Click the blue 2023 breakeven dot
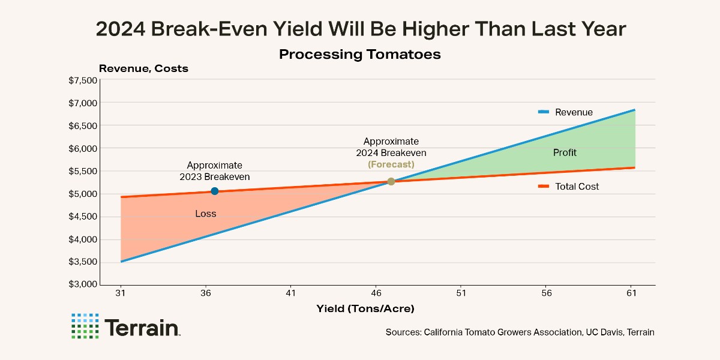click(x=215, y=191)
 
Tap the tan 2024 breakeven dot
click(x=391, y=181)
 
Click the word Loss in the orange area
click(x=206, y=214)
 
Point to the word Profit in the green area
click(x=565, y=152)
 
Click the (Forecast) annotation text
click(x=391, y=164)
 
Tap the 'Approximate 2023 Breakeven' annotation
click(x=215, y=171)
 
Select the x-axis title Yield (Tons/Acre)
click(x=365, y=308)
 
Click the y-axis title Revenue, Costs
click(x=143, y=68)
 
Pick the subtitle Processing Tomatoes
click(x=360, y=55)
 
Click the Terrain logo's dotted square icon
click(x=85, y=326)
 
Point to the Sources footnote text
click(x=520, y=332)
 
